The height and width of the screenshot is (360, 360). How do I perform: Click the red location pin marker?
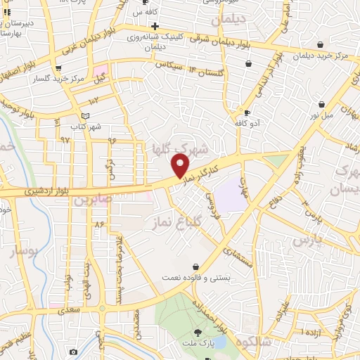click(181, 166)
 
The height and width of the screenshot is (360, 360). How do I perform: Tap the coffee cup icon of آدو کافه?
click(247, 112)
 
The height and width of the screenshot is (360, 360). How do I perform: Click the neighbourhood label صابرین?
click(92, 200)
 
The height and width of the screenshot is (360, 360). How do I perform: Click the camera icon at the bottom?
click(73, 351)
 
